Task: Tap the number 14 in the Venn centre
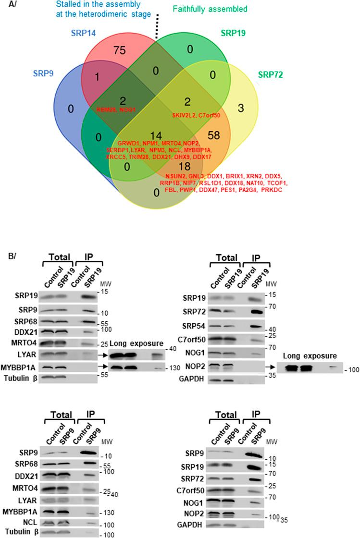(155, 134)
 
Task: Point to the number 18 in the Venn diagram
(196, 166)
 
